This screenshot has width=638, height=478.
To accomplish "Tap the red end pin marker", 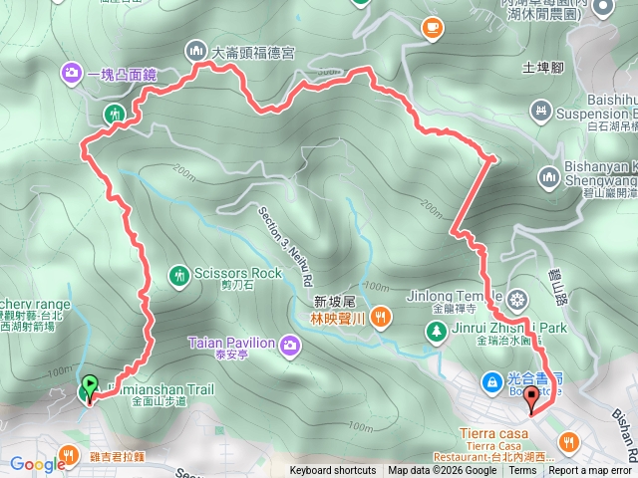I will pos(531,399).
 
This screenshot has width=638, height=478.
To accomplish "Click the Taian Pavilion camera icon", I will pos(290,345).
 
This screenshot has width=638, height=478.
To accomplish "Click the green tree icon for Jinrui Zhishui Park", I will pos(435,333).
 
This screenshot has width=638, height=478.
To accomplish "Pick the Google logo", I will pos(37,463).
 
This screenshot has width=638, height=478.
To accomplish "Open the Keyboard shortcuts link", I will pos(334,471).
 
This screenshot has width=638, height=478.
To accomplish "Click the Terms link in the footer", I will pos(522,471).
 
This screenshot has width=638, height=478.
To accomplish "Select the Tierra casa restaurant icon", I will pos(568,440).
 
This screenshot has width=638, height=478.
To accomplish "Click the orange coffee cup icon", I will pos(431,27).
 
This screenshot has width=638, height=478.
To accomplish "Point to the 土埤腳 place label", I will pos(543,68).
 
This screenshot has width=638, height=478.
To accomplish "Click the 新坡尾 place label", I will pos(334,301).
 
